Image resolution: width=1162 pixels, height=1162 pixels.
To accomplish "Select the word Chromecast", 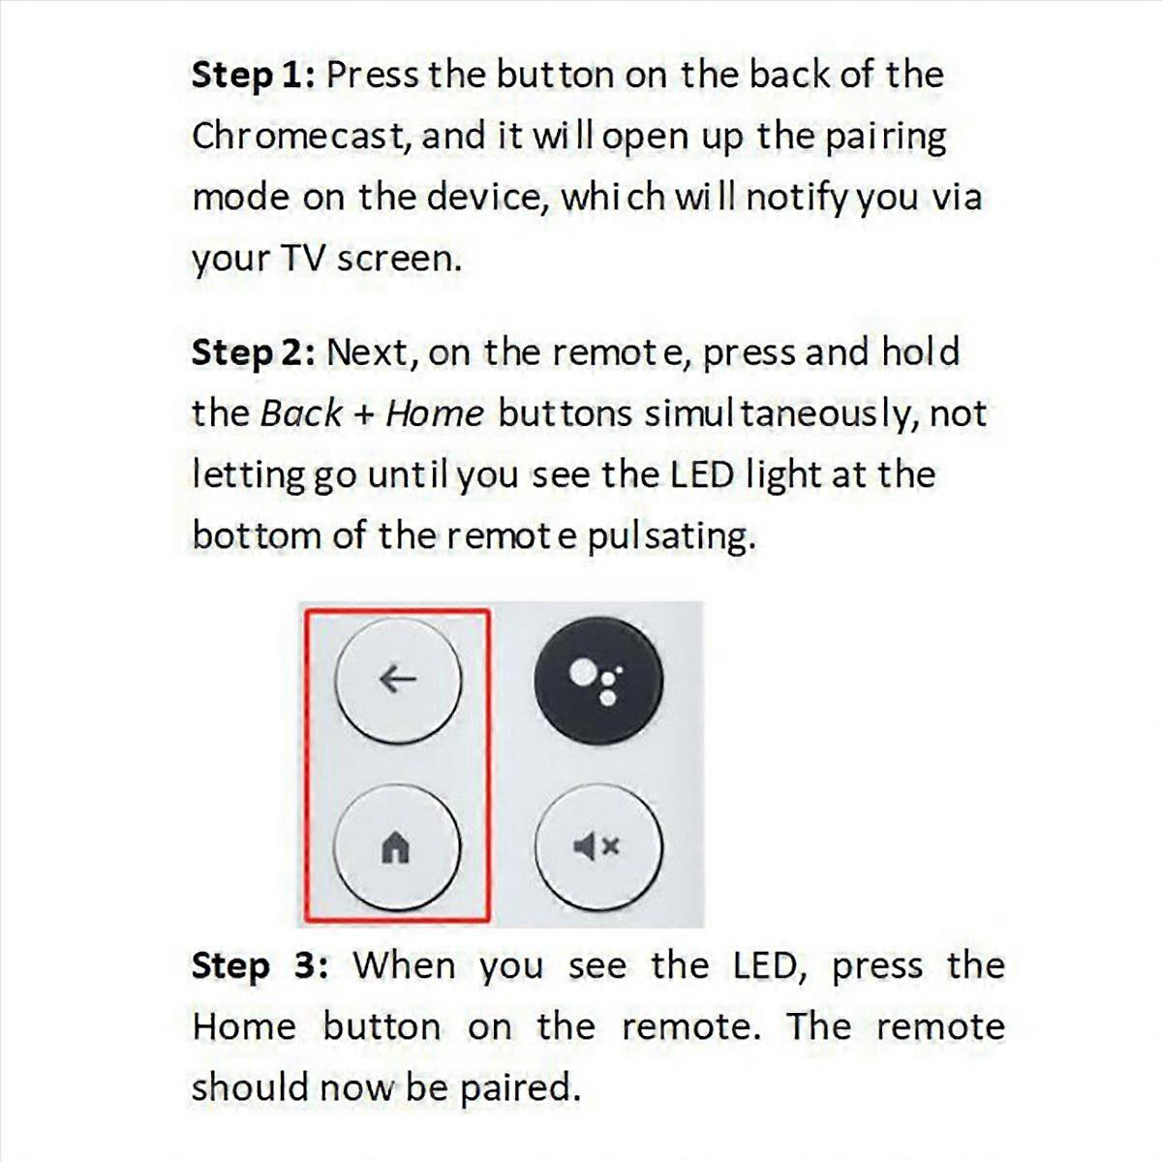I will point(301,137).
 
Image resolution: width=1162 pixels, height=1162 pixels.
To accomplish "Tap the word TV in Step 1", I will point(302,258).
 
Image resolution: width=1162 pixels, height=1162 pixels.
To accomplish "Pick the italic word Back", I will point(301,413).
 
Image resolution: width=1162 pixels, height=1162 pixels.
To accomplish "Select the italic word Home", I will point(434,413).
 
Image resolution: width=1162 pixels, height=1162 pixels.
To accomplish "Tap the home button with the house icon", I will point(397,847).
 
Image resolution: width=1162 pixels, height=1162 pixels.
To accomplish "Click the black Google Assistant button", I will point(598,680).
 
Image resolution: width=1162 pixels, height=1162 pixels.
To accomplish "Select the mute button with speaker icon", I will point(598,847).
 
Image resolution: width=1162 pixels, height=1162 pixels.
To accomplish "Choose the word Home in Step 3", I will point(244,1026).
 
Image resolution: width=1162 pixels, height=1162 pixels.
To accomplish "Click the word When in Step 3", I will point(403,966).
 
